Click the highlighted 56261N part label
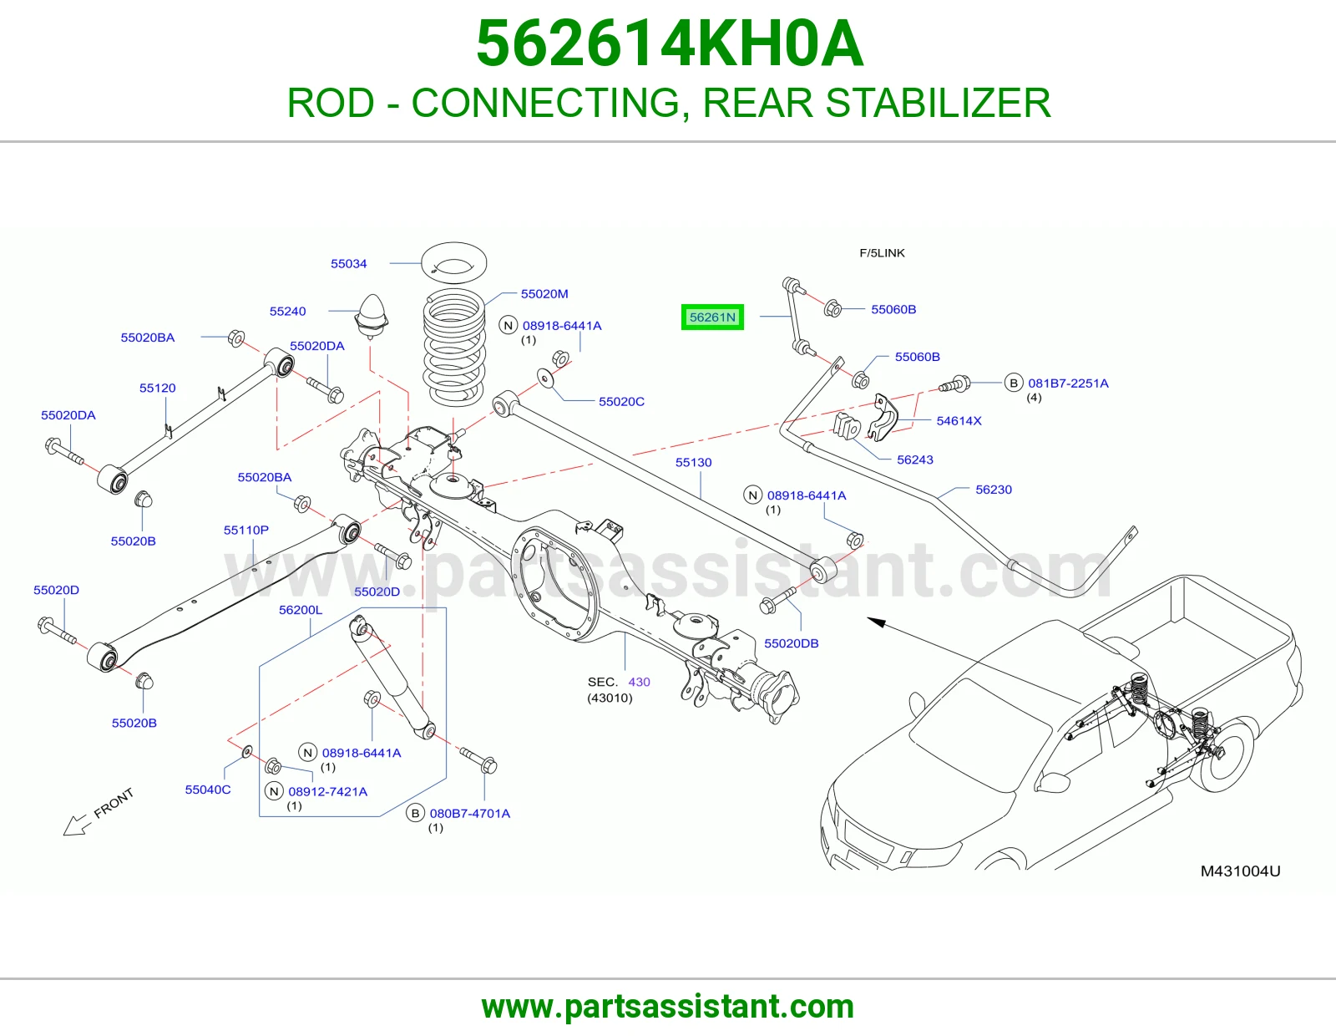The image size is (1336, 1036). tap(712, 317)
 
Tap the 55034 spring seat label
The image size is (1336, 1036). tap(348, 263)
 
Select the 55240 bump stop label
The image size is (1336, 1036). tap(288, 312)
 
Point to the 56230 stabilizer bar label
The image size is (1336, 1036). tap(994, 490)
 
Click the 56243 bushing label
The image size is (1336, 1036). tap(915, 460)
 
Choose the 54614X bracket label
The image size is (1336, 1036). tap(959, 421)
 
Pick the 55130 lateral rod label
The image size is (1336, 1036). tap(694, 462)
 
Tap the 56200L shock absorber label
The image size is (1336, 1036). tap(301, 610)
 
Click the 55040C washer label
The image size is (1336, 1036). tap(208, 790)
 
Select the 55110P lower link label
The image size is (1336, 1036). tap(246, 530)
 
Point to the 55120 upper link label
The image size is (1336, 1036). tap(157, 388)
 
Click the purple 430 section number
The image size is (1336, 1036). tap(639, 682)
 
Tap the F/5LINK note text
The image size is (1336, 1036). tap(883, 253)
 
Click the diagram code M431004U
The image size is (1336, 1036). tap(1241, 871)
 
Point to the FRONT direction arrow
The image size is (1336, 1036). tap(76, 825)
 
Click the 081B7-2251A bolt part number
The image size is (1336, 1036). tap(1069, 383)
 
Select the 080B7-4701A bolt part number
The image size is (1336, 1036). tap(470, 813)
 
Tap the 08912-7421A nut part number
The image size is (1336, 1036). tap(327, 792)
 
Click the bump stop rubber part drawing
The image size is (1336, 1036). tap(372, 317)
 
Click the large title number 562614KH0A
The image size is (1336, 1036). tap(671, 43)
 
